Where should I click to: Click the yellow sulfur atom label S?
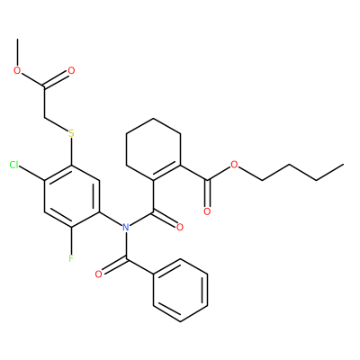pyautogui.click(x=71, y=133)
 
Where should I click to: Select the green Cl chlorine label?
pyautogui.click(x=14, y=165)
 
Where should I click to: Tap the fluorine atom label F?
pyautogui.click(x=71, y=258)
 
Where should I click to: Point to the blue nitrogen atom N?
pyautogui.click(x=126, y=227)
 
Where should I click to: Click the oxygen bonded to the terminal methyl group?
pyautogui.click(x=17, y=71)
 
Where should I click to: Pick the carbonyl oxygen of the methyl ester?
pyautogui.click(x=71, y=71)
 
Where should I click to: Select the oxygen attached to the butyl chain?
pyautogui.click(x=234, y=165)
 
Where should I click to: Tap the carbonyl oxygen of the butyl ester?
pyautogui.click(x=207, y=211)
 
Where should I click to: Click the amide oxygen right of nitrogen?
pyautogui.click(x=180, y=227)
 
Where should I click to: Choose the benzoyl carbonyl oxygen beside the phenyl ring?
pyautogui.click(x=98, y=274)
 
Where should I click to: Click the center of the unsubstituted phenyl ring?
pyautogui.click(x=180, y=290)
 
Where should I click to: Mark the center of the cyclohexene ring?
pyautogui.click(x=153, y=149)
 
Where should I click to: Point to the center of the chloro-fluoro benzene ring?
pyautogui.click(x=71, y=196)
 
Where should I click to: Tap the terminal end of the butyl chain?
pyautogui.click(x=343, y=165)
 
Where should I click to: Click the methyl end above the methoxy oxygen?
pyautogui.click(x=17, y=39)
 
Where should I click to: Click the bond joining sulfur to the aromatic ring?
pyautogui.click(x=71, y=151)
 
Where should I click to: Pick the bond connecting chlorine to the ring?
pyautogui.click(x=32, y=173)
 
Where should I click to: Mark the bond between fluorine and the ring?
pyautogui.click(x=71, y=240)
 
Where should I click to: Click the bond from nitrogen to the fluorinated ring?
pyautogui.click(x=110, y=219)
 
